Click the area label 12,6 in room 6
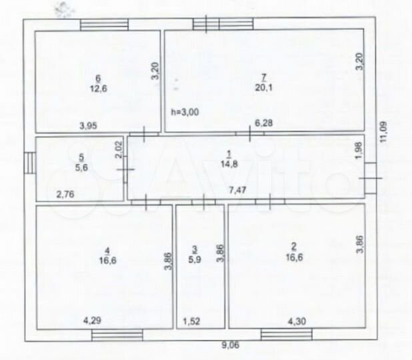99,89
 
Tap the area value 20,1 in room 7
264,87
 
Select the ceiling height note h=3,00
185,112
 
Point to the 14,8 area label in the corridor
229,164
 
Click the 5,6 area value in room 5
81,167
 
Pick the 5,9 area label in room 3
195,259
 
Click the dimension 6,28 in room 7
264,123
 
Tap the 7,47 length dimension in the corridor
237,190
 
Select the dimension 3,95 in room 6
88,126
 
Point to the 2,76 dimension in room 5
66,195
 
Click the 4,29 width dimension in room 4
92,321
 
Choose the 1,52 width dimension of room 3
191,321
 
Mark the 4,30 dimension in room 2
297,321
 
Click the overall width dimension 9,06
231,345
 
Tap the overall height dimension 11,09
383,131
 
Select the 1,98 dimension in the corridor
359,151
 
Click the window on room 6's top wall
104,25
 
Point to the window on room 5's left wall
30,163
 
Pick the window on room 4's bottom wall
117,335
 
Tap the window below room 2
287,335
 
